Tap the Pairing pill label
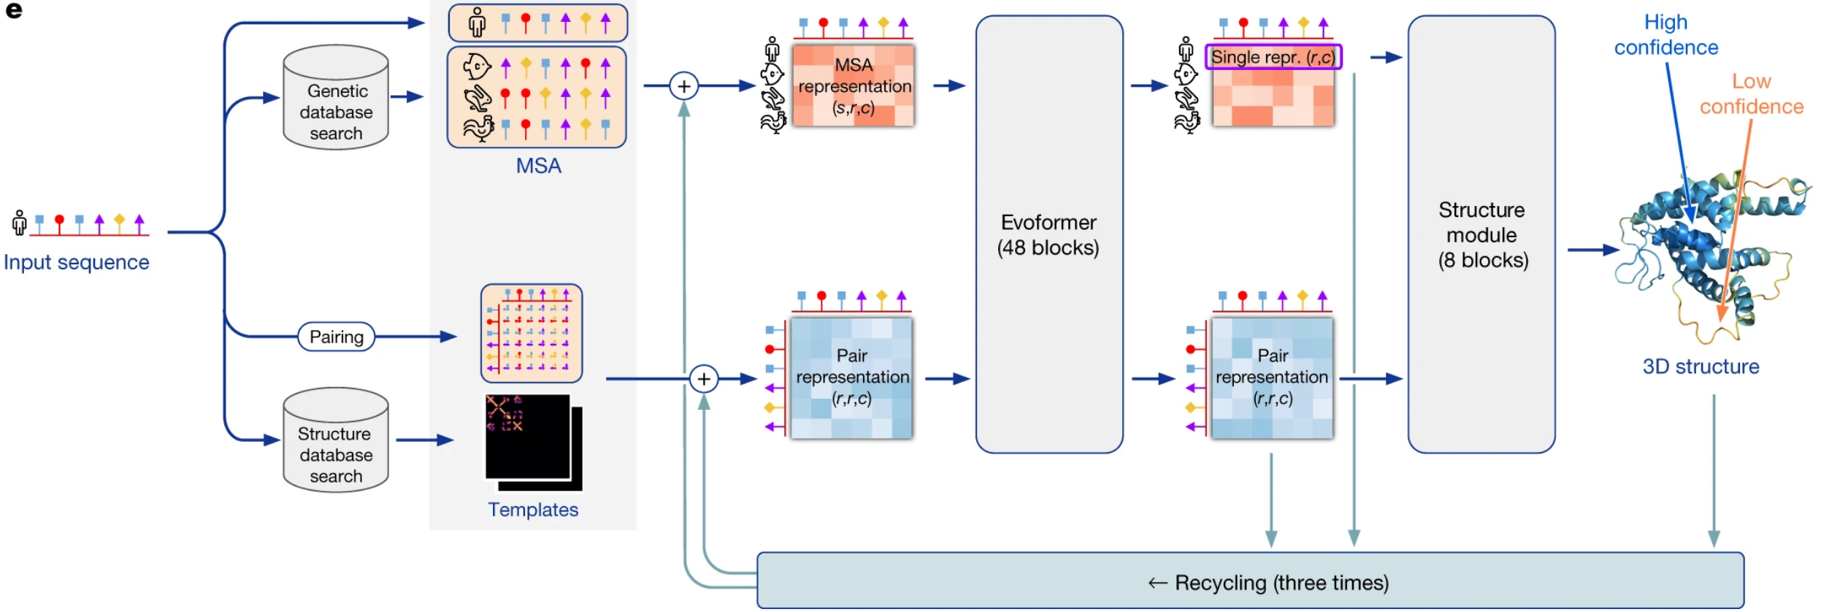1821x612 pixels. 336,337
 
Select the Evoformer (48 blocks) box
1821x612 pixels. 1048,234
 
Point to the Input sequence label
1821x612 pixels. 77,262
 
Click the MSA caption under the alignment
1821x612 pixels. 538,166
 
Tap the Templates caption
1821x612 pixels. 533,510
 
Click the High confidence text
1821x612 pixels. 1665,35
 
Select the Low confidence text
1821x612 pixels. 1751,94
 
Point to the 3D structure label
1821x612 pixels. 1701,367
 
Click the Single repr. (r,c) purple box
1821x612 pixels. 1273,57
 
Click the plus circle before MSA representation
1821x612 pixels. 683,86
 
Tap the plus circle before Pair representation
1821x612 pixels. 703,379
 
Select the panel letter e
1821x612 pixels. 14,11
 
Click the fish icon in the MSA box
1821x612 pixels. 477,67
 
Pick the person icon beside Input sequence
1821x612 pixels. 20,223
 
